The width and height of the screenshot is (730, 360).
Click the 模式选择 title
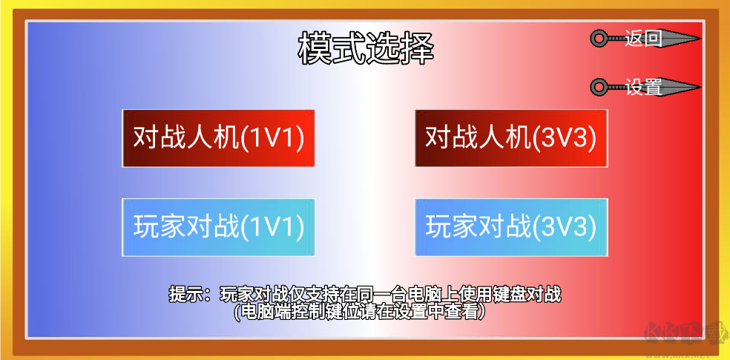365,48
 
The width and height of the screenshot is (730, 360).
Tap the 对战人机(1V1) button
219,138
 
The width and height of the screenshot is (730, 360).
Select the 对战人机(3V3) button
511,138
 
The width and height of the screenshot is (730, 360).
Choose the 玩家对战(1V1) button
219,227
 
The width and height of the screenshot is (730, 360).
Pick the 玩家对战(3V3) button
511,227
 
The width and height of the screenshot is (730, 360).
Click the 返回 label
643,39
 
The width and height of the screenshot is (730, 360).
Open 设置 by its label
643,88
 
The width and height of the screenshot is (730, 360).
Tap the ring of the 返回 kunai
598,39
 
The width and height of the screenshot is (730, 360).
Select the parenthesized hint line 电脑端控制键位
361,312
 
